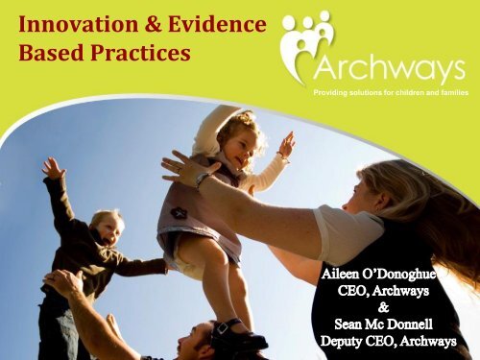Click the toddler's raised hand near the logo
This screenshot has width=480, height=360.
pos(285,143)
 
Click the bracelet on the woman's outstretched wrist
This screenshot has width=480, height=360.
pos(203,180)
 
